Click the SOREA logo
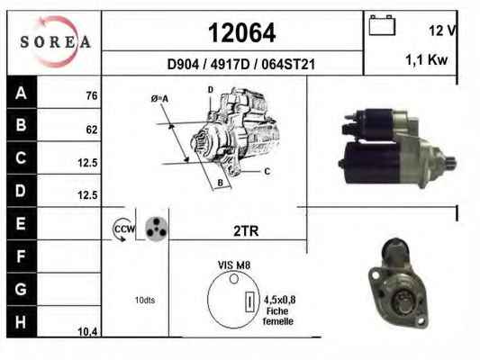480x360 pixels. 55,42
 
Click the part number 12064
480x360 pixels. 242,32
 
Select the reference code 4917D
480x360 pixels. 230,64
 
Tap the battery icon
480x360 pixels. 382,25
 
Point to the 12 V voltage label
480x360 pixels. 442,31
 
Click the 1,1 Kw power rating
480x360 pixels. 427,59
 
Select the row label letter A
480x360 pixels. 21,93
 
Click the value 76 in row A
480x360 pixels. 92,95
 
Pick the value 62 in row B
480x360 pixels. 92,130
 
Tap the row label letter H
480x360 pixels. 21,322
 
